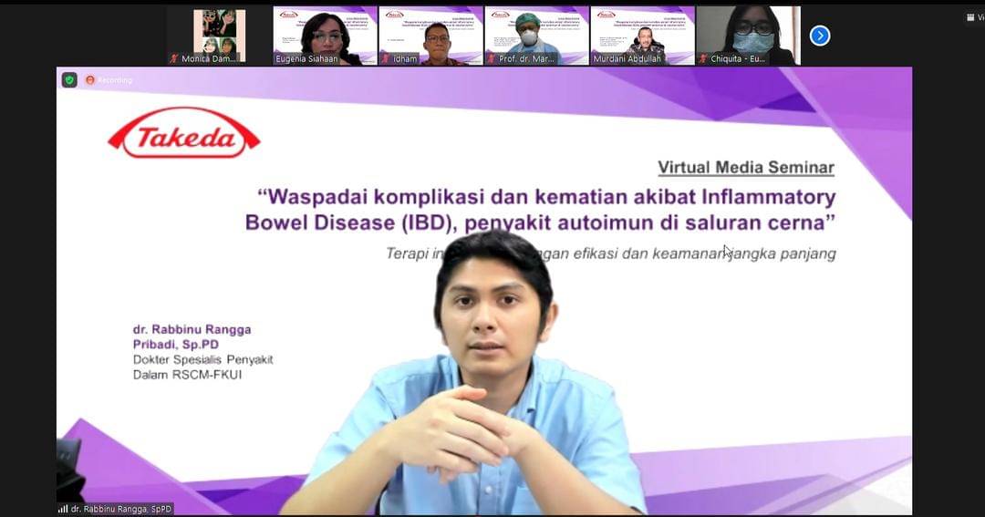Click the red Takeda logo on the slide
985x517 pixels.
pos(184,133)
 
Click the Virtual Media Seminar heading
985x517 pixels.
pos(745,168)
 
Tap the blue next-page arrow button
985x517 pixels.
pos(820,36)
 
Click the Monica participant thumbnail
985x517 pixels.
pos(220,36)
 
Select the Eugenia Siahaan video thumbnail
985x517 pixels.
pos(325,36)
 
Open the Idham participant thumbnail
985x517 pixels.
pos(430,36)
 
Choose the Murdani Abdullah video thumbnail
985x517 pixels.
pos(642,36)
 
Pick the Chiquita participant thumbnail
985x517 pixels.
pos(748,36)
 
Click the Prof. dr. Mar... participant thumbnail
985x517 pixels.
pos(536,36)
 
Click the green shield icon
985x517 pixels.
pos(69,79)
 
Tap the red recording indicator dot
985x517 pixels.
pos(90,79)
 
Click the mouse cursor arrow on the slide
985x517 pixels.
pos(728,252)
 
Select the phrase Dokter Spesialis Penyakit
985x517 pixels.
pos(202,359)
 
